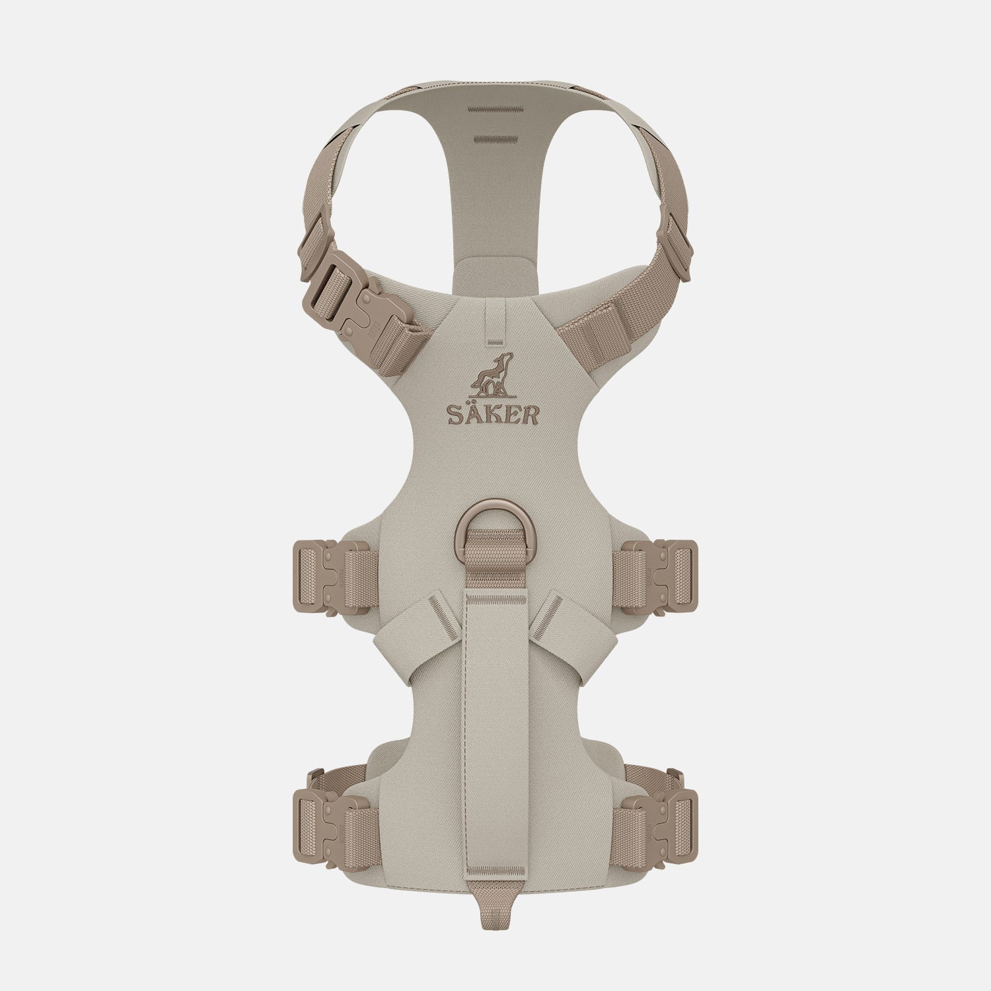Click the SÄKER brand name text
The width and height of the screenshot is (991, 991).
[x=494, y=414]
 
